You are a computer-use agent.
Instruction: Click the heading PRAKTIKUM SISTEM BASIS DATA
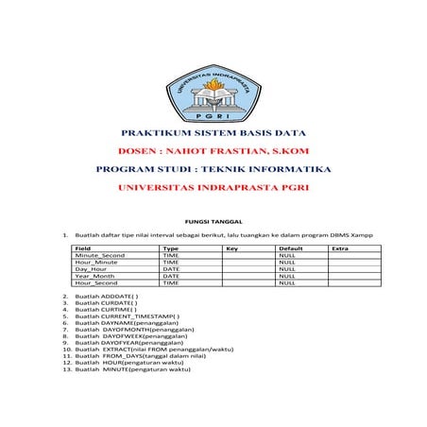(213, 134)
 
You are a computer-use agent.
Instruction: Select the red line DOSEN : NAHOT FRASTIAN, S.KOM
(213, 151)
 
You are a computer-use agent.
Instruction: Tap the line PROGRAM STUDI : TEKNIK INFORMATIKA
(213, 169)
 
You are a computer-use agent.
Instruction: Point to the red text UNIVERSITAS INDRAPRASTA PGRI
(213, 187)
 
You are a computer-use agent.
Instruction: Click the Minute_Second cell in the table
(100, 255)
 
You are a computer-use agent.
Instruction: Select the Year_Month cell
(94, 275)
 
